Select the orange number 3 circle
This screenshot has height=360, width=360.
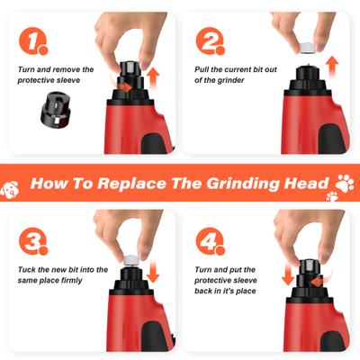pos(33,241)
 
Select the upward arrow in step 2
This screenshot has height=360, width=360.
pos(332,65)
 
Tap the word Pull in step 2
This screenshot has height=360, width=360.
pos(205,68)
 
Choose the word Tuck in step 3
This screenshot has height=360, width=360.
pos(28,269)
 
